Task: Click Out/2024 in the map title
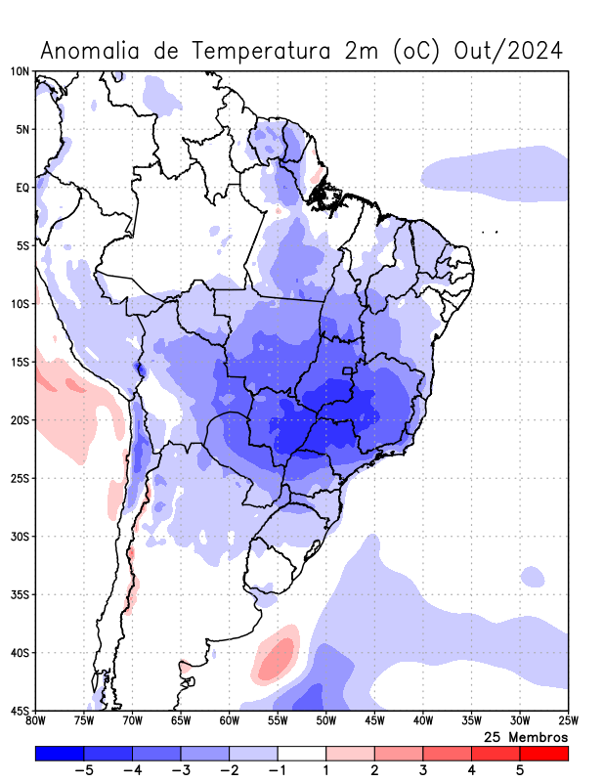tap(509, 50)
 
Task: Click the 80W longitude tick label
tap(36, 721)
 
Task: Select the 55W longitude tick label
tap(278, 721)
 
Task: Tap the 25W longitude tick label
tap(568, 721)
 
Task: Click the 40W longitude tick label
tap(422, 721)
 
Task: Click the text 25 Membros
tap(526, 736)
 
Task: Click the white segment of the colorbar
tap(302, 753)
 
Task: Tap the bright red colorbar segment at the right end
tap(544, 753)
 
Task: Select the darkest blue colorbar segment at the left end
tap(59, 753)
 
